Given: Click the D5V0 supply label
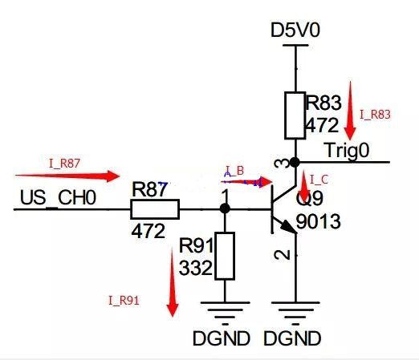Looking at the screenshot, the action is (295, 30).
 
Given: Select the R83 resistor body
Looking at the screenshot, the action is (295, 115).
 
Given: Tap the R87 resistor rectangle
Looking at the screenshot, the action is (155, 209).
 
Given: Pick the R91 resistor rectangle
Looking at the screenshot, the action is (225, 256).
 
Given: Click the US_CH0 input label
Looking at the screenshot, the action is (58, 198).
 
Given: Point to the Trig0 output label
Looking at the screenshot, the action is (348, 151).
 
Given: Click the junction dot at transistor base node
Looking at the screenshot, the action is (225, 208).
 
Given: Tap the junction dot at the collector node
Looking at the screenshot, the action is (295, 162).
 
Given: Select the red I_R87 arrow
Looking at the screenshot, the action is (67, 176).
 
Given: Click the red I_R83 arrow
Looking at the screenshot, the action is (350, 111).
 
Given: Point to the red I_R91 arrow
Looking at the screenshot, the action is (173, 282).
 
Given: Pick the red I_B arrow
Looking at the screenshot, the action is (246, 182).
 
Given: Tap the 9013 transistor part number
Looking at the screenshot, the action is (319, 221).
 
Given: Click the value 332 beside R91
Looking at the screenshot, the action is (196, 268).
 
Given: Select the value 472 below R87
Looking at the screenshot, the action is (148, 231).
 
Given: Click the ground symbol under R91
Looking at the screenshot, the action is (225, 313).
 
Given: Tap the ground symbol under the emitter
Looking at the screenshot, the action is (295, 313).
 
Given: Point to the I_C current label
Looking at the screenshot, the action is (319, 180).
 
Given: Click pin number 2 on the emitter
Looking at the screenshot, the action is (283, 255).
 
